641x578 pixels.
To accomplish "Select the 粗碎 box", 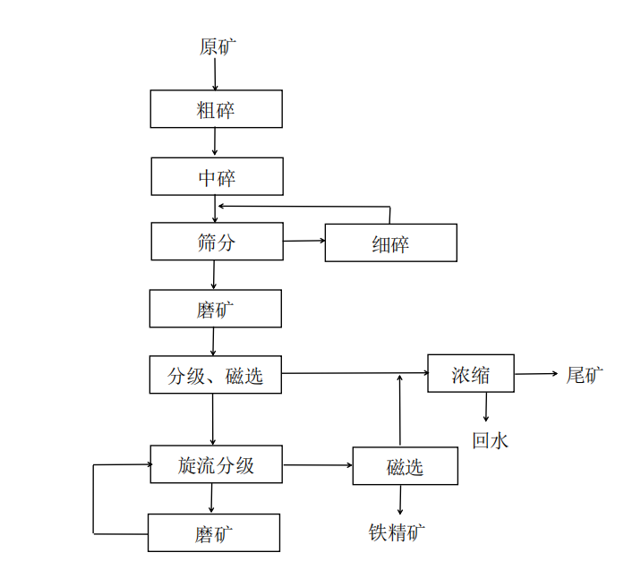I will coord(216,111).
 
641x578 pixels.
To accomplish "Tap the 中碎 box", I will coord(217,177).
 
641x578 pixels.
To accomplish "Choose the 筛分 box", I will coord(217,242).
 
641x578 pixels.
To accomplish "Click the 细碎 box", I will coord(390,243).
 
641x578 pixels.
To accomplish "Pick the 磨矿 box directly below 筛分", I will coord(216,309).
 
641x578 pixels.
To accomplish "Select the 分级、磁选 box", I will coord(216,376).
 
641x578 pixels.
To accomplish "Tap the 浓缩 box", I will coord(471,374).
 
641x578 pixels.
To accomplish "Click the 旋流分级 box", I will coord(217,465).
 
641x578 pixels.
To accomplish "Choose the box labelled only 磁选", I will coord(406,466).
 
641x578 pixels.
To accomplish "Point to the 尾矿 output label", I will coord(585,375).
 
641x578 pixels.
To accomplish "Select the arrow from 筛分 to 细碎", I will coord(303,241).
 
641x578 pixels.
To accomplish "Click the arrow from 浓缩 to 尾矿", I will coord(536,374).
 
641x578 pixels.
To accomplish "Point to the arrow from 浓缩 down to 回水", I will coord(486,407).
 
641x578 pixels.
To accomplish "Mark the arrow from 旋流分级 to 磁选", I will coord(318,465).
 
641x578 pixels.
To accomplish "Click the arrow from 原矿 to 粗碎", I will coord(215,75).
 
